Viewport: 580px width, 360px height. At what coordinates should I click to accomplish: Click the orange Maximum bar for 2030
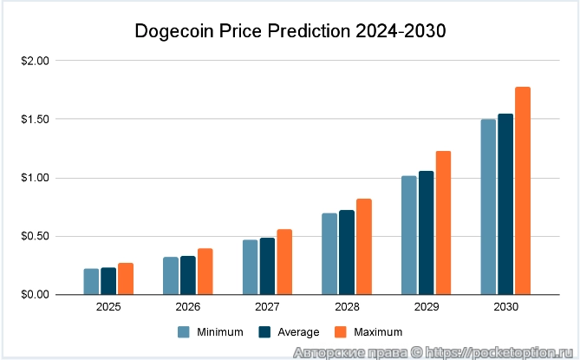[x=522, y=191]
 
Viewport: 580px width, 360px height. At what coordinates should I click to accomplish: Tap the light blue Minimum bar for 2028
[x=329, y=253]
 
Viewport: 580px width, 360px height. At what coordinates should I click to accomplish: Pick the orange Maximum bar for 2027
[x=284, y=262]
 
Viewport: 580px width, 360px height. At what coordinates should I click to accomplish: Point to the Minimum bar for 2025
[x=91, y=281]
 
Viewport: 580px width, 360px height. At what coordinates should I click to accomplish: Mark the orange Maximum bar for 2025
[x=126, y=278]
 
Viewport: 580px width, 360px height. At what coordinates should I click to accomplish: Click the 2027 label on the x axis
[x=267, y=307]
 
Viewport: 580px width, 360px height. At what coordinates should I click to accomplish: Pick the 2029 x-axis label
[x=427, y=307]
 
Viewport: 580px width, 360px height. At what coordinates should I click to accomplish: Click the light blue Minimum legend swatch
[x=184, y=331]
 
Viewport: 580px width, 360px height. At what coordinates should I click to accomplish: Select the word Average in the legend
[x=299, y=331]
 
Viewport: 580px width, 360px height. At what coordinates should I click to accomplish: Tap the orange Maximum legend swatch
[x=341, y=331]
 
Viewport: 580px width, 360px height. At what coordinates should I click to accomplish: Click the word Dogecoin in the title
[x=172, y=32]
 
